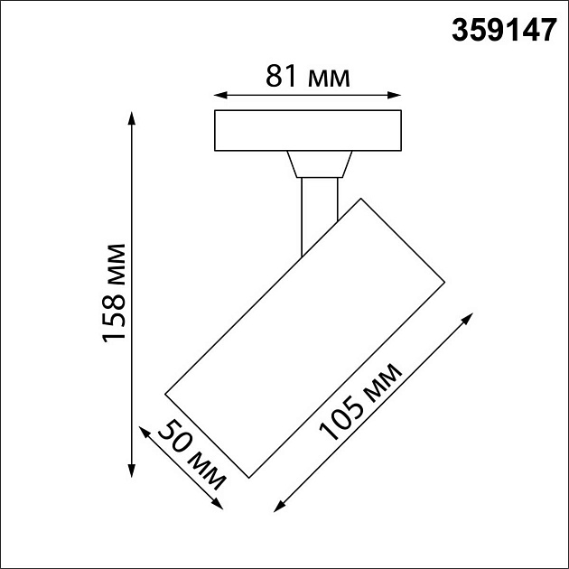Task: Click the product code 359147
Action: click(502, 32)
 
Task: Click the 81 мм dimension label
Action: click(308, 78)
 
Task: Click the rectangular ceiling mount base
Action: click(307, 131)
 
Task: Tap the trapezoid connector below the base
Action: click(318, 164)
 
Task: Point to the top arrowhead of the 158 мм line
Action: click(133, 117)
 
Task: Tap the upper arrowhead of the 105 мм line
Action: click(470, 317)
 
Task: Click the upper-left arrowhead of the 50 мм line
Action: click(141, 431)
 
